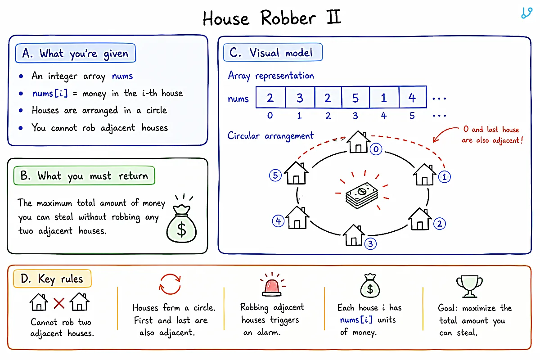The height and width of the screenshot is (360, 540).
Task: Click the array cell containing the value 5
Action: (x=355, y=97)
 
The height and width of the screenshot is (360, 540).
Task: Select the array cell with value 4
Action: (x=413, y=97)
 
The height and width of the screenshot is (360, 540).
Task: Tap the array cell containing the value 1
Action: (x=384, y=97)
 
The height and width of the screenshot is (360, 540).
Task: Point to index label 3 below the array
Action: (x=355, y=116)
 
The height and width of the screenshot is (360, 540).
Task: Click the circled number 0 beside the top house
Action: (x=376, y=149)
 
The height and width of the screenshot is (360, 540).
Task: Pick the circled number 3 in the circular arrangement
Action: (x=370, y=244)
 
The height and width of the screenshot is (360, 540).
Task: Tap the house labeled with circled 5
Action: (x=296, y=173)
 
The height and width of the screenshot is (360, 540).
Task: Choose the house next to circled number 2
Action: (x=420, y=219)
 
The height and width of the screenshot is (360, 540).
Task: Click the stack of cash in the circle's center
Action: (x=362, y=195)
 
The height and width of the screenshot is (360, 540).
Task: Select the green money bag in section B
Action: (x=181, y=223)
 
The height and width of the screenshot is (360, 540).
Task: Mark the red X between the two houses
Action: (x=59, y=303)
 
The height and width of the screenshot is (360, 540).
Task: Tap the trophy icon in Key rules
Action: (x=469, y=286)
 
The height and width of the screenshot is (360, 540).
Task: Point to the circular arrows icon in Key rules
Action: (x=170, y=284)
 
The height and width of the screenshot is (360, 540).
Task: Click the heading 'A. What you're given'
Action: (x=76, y=53)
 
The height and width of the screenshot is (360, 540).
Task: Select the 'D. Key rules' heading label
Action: (x=52, y=279)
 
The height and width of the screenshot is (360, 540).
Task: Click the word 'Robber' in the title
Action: (x=288, y=18)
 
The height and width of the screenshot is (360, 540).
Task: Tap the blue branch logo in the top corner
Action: (x=526, y=13)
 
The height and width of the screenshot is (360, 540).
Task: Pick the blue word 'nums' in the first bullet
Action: (x=122, y=76)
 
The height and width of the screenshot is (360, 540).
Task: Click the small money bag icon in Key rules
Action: (x=370, y=286)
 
